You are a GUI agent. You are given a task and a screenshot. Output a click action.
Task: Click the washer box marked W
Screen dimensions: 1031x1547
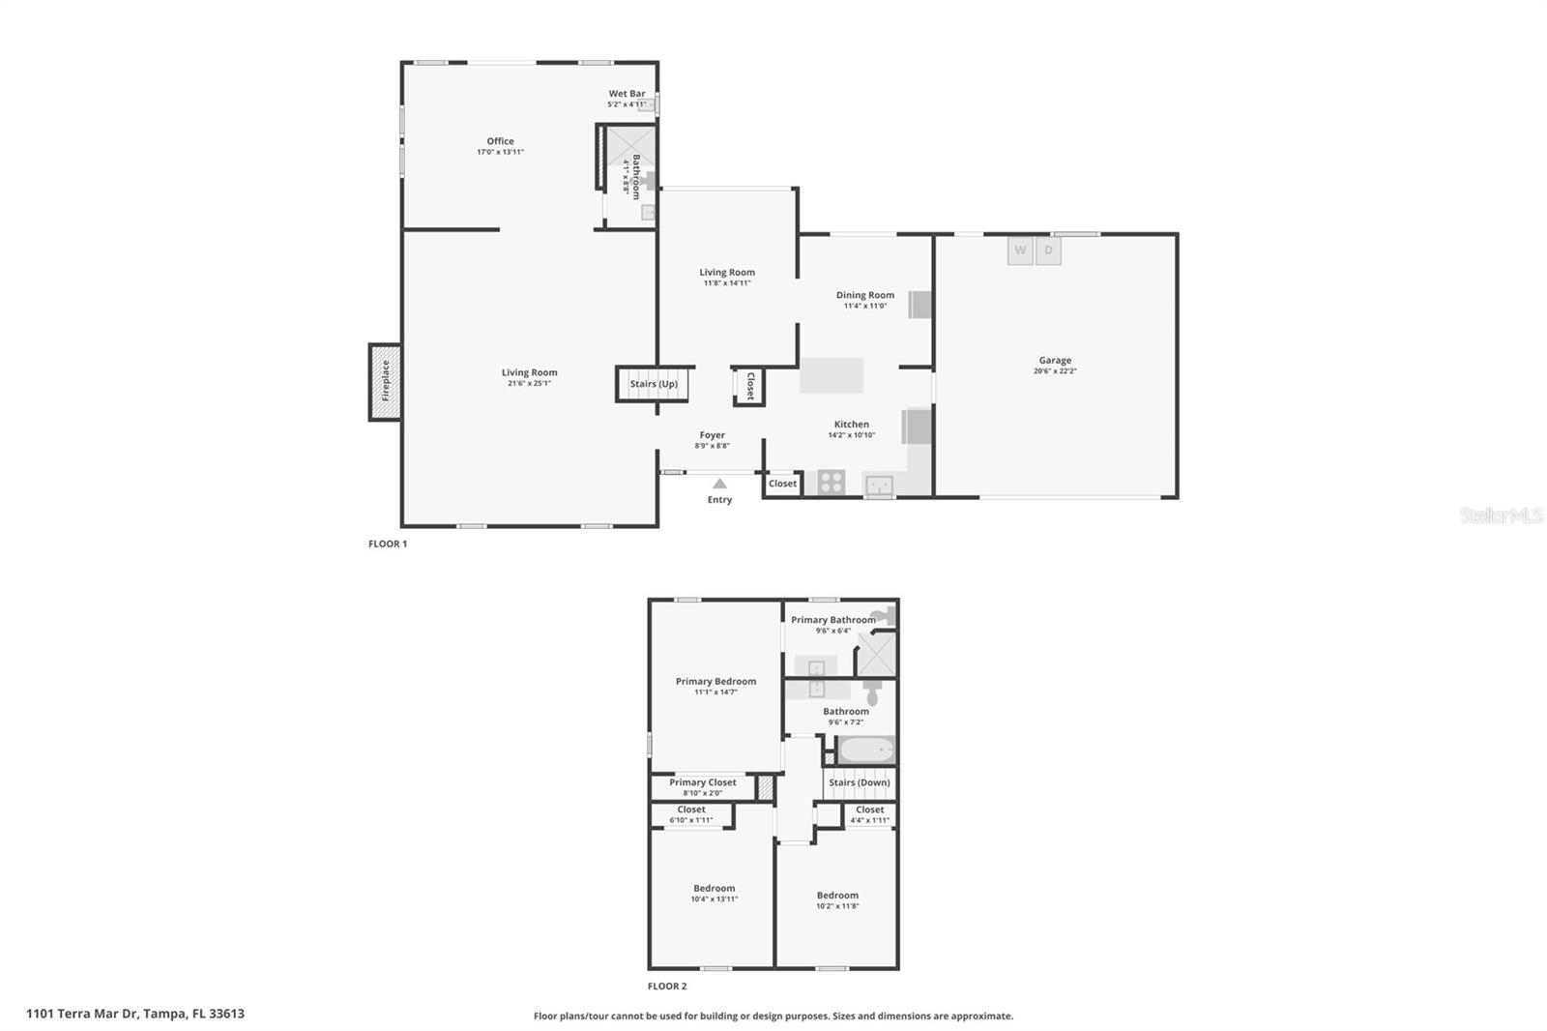tap(1020, 250)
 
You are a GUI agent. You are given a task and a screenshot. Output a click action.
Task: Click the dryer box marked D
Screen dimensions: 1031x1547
tap(1048, 250)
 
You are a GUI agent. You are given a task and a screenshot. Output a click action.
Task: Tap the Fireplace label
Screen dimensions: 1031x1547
tap(385, 381)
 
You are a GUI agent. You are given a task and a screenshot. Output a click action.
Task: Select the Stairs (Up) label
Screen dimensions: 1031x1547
tap(654, 384)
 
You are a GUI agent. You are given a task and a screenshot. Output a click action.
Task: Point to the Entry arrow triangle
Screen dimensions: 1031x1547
tap(719, 484)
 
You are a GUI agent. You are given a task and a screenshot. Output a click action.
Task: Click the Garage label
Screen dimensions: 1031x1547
tap(1055, 361)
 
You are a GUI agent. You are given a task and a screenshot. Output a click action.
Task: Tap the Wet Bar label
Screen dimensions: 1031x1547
tap(627, 94)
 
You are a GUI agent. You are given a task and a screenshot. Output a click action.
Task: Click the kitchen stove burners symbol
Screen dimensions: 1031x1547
tap(832, 482)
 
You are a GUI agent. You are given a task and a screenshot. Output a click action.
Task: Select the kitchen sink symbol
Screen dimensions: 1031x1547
tap(879, 485)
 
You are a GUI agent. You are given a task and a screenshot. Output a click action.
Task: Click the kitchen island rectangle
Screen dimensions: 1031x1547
tap(832, 375)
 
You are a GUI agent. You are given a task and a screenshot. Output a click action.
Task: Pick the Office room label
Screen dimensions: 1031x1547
tap(500, 141)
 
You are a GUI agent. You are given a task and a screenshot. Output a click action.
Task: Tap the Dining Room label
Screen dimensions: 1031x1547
tap(865, 295)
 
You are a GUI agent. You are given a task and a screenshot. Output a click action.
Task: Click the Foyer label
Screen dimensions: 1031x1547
tap(713, 435)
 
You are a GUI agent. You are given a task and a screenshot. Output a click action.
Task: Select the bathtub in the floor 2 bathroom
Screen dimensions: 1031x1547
tap(866, 751)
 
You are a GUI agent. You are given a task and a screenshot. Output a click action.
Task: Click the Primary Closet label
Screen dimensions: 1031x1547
tap(703, 782)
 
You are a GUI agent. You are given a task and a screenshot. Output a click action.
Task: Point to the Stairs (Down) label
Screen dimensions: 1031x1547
tap(860, 782)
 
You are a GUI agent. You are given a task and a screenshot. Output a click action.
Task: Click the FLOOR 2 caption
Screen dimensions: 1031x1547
tap(667, 987)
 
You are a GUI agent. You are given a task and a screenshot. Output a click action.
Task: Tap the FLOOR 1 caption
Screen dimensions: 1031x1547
tap(388, 544)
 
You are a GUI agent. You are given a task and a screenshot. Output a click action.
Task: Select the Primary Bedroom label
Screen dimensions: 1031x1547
tap(715, 682)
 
